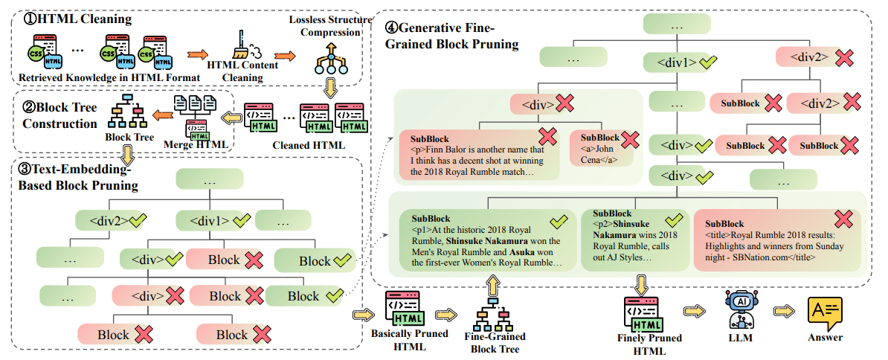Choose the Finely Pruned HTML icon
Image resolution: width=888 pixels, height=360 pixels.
[642, 312]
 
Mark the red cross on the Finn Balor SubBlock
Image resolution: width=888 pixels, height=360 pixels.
[548, 136]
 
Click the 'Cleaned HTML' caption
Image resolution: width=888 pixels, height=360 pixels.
[312, 145]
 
